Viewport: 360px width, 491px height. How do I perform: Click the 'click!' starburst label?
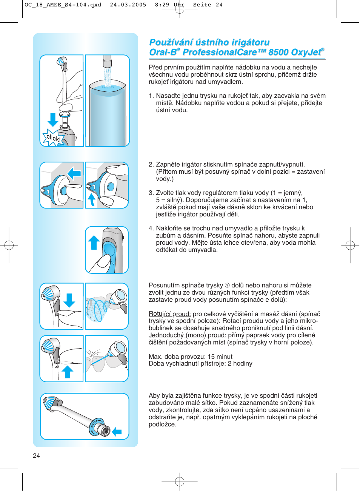tap(53, 138)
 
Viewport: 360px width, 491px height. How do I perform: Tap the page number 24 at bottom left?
tap(36, 455)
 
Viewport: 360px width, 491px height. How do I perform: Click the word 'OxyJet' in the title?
tap(305, 52)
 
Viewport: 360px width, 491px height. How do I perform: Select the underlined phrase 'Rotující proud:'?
tap(169, 314)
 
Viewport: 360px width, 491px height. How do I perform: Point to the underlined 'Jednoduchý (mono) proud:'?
tap(187, 335)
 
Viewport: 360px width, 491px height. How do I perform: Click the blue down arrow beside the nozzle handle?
tap(53, 120)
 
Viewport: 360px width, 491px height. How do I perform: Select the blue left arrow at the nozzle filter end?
tap(117, 432)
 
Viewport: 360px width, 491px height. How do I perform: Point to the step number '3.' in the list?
tap(151, 193)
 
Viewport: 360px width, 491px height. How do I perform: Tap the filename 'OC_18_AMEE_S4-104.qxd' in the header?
tap(63, 5)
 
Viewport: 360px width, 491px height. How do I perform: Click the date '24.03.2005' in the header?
tap(128, 5)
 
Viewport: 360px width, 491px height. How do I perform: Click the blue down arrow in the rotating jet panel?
tap(69, 300)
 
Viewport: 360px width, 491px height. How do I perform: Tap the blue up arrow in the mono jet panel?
tap(67, 372)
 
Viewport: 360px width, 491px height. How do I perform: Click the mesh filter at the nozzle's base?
tap(106, 431)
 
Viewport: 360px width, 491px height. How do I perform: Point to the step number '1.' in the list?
tap(151, 96)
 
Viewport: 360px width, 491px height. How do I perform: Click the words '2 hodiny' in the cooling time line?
tap(240, 364)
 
